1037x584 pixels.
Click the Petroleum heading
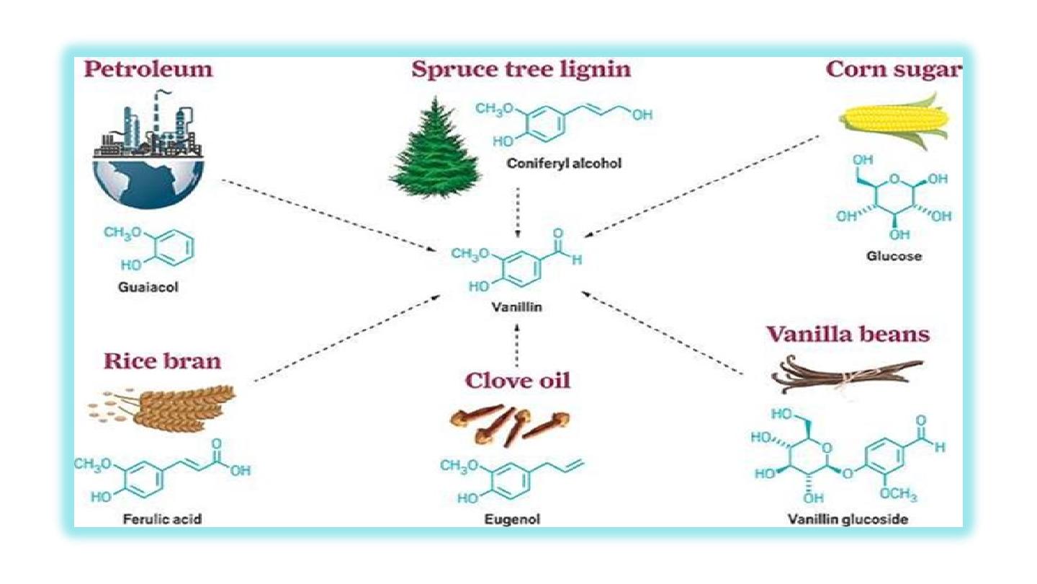point(148,69)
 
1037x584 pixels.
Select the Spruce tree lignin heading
point(521,69)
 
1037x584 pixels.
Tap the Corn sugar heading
point(893,69)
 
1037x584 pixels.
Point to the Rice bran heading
point(162,360)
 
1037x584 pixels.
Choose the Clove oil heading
point(517,380)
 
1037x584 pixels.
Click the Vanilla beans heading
point(848,335)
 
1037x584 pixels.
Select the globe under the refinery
point(148,182)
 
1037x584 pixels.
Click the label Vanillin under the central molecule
point(516,306)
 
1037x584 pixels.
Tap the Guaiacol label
point(148,287)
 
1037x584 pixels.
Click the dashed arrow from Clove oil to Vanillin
point(517,344)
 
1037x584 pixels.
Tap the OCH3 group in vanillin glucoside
point(897,495)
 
